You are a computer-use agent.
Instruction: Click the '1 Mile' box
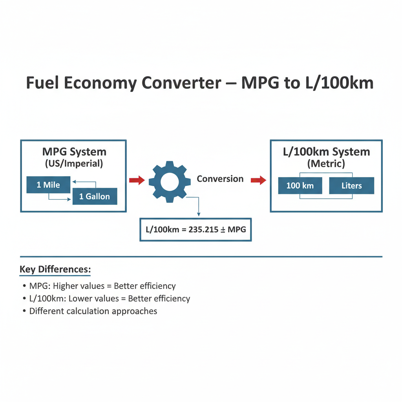48,185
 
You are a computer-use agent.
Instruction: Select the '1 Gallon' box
95,196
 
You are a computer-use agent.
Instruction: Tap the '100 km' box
300,185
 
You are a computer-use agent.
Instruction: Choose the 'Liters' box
351,185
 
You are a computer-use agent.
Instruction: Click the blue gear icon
170,182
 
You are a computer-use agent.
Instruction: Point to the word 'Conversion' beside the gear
220,179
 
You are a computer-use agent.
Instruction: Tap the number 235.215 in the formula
203,229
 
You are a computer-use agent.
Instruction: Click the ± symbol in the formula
223,230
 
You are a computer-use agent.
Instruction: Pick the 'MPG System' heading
74,152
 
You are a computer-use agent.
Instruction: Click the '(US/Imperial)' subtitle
74,164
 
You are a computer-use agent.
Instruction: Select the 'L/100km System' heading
326,152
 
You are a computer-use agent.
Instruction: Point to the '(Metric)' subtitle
326,164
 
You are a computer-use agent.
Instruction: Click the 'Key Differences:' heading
55,269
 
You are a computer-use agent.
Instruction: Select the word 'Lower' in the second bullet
93,298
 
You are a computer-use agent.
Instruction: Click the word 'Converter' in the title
181,83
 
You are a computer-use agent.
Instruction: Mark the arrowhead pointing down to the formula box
199,215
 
